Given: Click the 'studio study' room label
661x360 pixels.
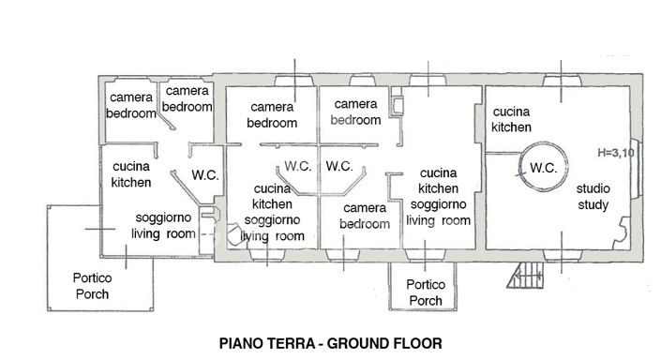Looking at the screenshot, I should click(593, 197).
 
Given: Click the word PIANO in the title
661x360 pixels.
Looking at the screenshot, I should click(242, 344).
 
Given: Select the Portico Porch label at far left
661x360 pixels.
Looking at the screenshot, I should click(92, 286).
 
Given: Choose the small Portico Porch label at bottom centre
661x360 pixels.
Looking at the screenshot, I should click(425, 293).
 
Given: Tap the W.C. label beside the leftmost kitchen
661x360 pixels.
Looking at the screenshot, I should click(205, 174).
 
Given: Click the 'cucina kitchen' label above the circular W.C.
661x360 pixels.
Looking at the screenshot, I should click(512, 118).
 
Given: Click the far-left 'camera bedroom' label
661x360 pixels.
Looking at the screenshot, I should click(131, 105).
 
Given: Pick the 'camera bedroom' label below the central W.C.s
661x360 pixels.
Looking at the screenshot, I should click(365, 217).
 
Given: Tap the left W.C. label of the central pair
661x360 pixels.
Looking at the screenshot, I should click(298, 166).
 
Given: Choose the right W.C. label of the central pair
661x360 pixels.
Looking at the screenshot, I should click(338, 166).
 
